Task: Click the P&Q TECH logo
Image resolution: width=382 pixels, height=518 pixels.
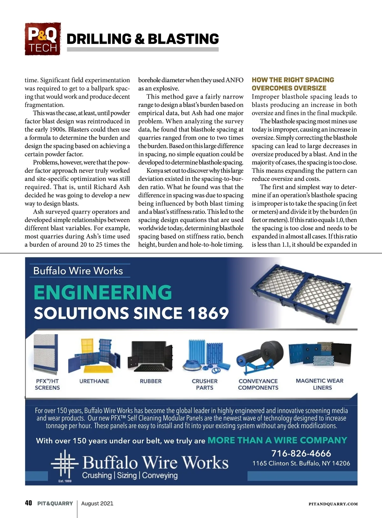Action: [x=43, y=39]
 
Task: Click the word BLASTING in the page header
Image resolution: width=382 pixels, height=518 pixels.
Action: [x=183, y=39]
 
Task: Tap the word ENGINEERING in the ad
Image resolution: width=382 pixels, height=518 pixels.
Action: [x=103, y=292]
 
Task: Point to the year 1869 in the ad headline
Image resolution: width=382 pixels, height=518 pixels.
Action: [x=208, y=313]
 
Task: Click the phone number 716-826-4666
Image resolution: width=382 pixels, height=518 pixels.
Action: [x=301, y=453]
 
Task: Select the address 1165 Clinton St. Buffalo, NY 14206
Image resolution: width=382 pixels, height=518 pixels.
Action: [x=301, y=463]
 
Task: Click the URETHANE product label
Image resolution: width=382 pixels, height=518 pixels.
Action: [x=94, y=381]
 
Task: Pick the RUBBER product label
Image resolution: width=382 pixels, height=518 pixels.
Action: [x=151, y=381]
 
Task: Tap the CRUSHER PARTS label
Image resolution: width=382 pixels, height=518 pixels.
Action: [x=205, y=384]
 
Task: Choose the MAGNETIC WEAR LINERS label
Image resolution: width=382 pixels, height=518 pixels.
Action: [x=320, y=384]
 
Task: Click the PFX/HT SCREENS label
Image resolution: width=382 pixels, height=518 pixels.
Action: [x=47, y=384]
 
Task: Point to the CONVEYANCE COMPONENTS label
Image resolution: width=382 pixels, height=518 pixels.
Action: [x=258, y=384]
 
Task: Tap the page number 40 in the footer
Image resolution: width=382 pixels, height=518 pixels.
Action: [x=28, y=503]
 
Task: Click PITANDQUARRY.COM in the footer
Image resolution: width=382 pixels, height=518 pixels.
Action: [x=333, y=504]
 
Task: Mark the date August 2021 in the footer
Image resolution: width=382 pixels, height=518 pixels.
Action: [x=97, y=503]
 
